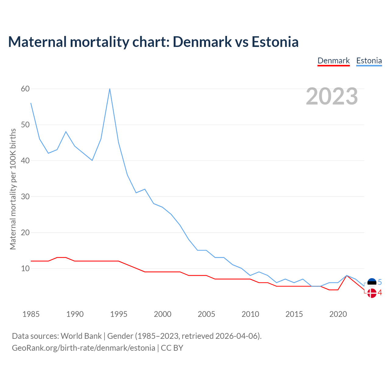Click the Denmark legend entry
tap(333, 61)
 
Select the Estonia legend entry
tap(369, 61)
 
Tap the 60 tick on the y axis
tap(25, 89)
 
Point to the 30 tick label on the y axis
tap(25, 197)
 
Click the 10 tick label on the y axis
tap(25, 268)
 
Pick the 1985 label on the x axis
tap(31, 314)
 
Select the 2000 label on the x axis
tap(162, 314)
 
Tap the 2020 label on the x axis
tap(338, 314)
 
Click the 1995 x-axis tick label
tap(119, 314)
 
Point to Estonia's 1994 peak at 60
tap(110, 89)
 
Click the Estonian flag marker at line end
tap(372, 283)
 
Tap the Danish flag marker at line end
tap(372, 293)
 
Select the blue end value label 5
tap(380, 282)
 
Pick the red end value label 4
tap(380, 293)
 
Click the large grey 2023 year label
tap(332, 96)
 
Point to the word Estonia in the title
tap(275, 42)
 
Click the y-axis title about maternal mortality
tap(13, 189)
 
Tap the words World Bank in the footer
tap(81, 336)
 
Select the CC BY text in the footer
tap(172, 348)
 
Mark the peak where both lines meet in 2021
tap(347, 275)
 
